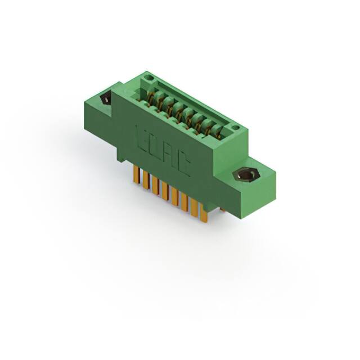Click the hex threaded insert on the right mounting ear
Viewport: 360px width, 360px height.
pyautogui.click(x=245, y=175)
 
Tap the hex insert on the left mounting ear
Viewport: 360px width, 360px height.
pyautogui.click(x=105, y=100)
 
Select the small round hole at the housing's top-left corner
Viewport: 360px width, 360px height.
pyautogui.click(x=147, y=78)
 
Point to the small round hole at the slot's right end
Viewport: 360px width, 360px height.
pyautogui.click(x=236, y=128)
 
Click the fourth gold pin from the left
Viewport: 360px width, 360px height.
pyautogui.click(x=164, y=192)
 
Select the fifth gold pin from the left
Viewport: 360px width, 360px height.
pyautogui.click(x=174, y=197)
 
